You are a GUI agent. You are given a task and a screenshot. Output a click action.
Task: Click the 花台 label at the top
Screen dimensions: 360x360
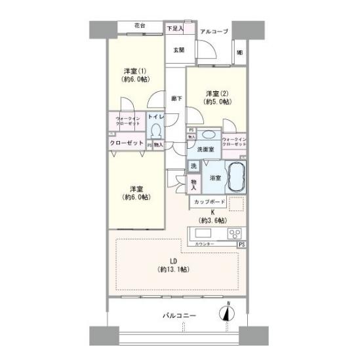pos(139,26)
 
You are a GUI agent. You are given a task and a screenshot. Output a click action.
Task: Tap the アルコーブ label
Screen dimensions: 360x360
pos(214,30)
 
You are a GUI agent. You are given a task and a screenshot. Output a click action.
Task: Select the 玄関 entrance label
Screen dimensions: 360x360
pos(178,50)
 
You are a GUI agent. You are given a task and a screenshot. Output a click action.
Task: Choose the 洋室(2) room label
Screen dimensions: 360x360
pos(216,98)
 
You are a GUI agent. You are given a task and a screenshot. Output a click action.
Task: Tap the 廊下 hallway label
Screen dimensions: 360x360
pos(176,98)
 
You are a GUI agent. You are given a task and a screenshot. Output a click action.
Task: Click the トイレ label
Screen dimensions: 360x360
pos(155,117)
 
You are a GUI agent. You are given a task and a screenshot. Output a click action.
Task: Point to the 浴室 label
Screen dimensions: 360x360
pos(215,178)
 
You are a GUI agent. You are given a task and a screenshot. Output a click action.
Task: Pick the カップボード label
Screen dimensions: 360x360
pos(211,201)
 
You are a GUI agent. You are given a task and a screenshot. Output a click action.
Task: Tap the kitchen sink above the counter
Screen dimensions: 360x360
pos(202,234)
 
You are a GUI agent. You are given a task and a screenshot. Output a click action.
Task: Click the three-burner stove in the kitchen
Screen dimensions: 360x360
pos(233,233)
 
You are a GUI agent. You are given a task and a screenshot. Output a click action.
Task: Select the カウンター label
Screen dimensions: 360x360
pos(204,245)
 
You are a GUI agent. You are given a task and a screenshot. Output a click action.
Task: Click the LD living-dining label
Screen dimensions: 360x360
pos(173,265)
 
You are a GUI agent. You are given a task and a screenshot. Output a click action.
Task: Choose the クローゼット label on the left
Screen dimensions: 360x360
pos(127,143)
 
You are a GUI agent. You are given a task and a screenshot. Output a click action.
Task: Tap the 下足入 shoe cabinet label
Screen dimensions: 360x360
pos(174,28)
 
